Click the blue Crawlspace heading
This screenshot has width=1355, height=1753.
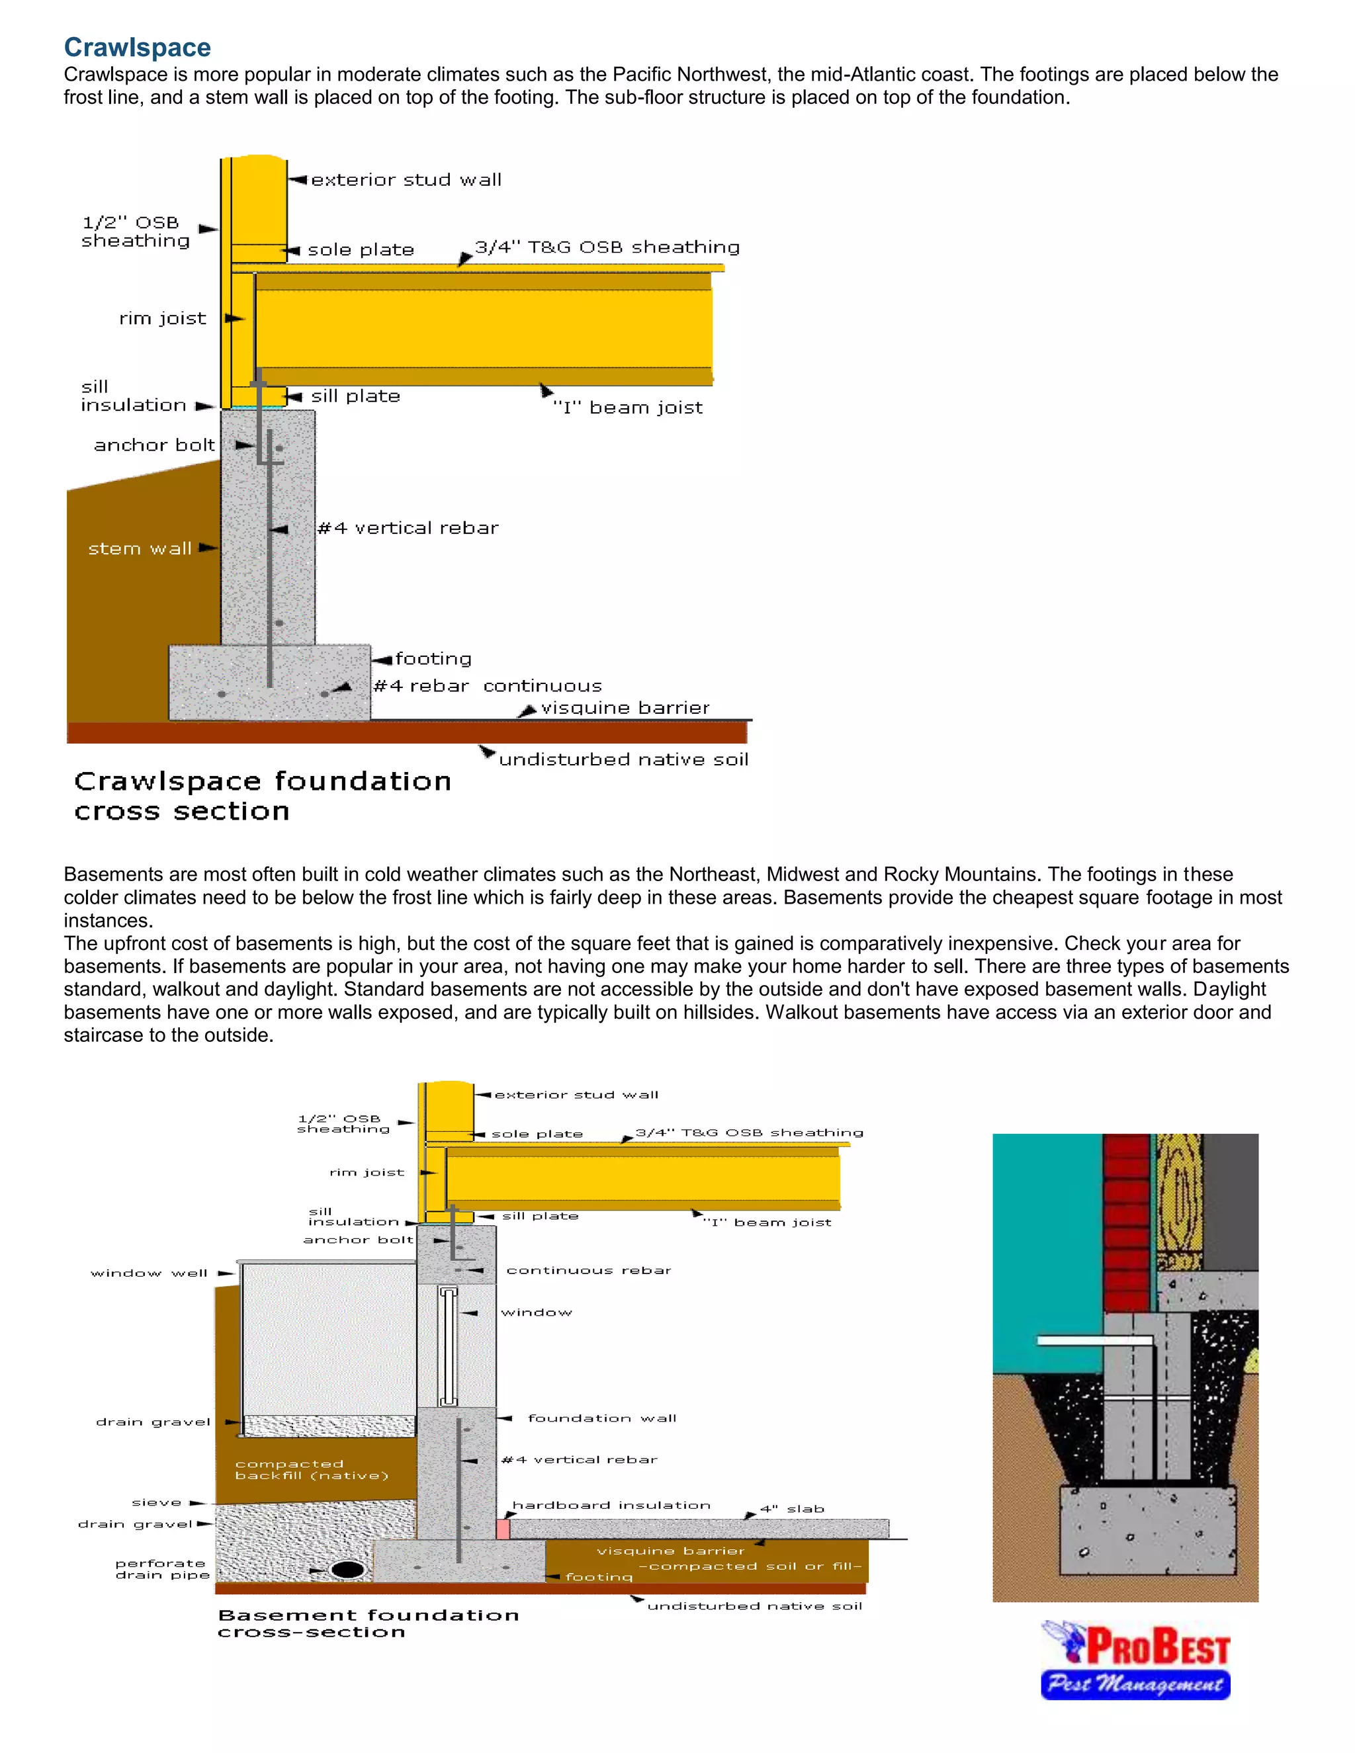click(x=137, y=48)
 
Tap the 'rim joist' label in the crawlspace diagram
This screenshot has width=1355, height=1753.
click(x=163, y=319)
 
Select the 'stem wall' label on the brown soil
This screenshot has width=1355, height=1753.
click(x=140, y=549)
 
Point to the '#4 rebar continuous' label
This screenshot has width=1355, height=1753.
click(x=487, y=686)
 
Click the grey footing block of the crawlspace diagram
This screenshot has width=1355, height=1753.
click(x=269, y=682)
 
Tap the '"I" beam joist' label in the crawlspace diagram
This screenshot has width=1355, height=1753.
click(x=628, y=407)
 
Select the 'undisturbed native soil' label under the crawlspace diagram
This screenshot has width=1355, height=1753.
click(x=623, y=759)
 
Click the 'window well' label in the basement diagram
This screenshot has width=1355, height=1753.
click(x=150, y=1273)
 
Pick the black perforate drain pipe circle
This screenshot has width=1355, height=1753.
click(x=347, y=1569)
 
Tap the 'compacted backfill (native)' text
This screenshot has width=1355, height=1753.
click(x=312, y=1470)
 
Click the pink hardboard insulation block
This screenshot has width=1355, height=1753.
click(x=503, y=1529)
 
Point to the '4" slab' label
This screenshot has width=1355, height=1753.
click(x=791, y=1509)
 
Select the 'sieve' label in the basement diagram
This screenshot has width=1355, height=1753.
click(x=157, y=1502)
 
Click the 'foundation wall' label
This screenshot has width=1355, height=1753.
click(x=602, y=1418)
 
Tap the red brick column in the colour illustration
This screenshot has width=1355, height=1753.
click(x=1126, y=1220)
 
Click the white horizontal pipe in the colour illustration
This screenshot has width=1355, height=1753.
click(x=1092, y=1340)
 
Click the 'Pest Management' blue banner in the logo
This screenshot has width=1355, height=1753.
click(x=1135, y=1683)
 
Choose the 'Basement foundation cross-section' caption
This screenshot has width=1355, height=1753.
click(x=368, y=1623)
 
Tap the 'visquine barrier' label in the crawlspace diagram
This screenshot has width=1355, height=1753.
click(x=625, y=708)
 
